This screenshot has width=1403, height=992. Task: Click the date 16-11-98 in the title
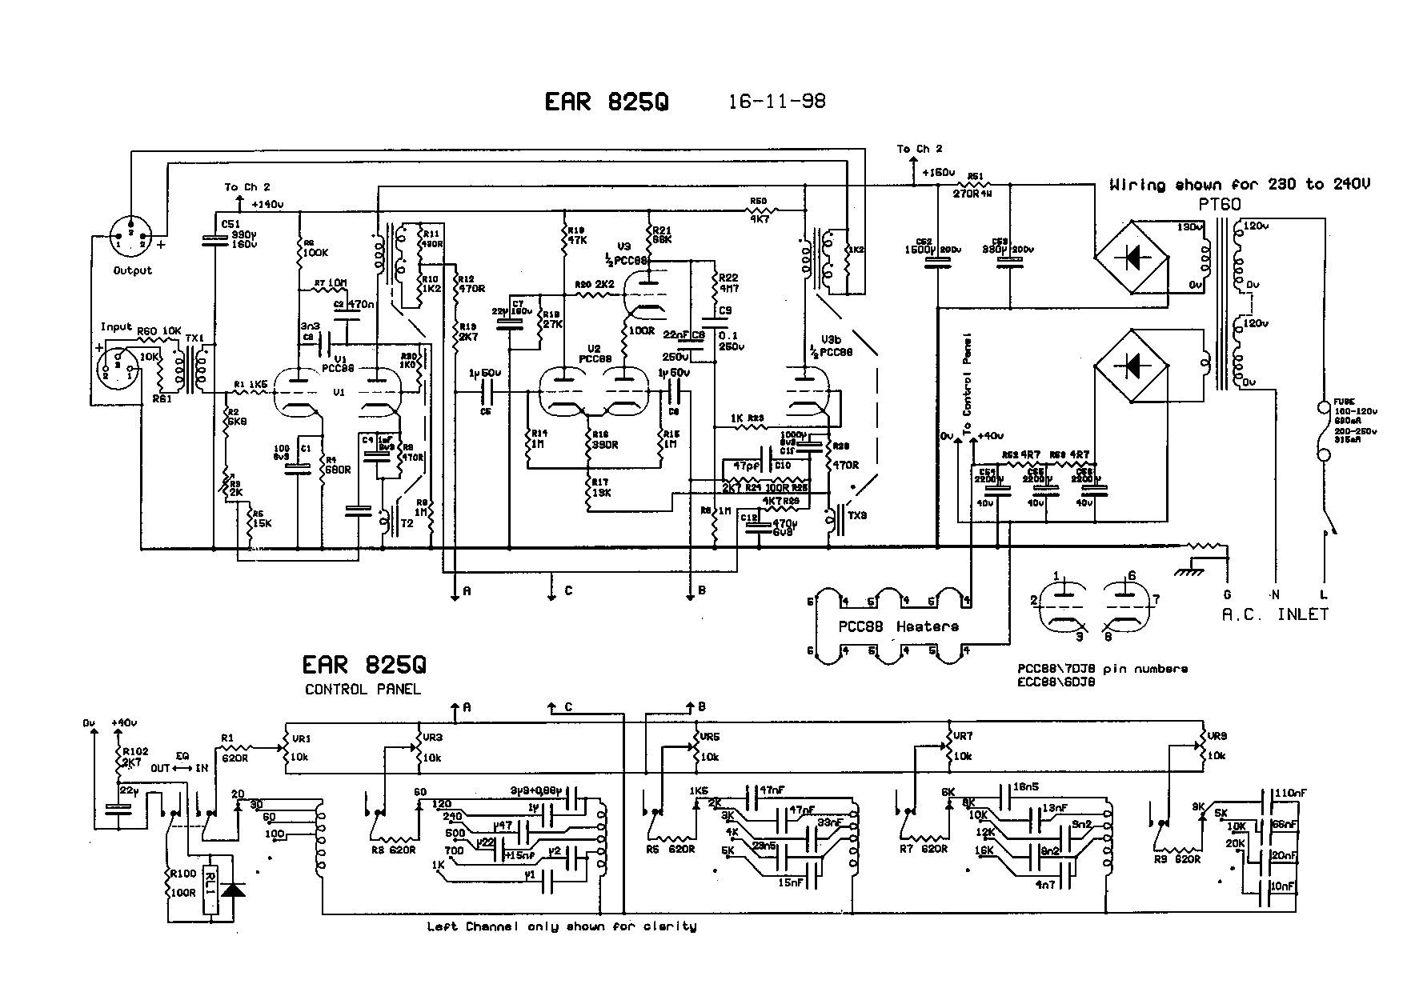(x=776, y=102)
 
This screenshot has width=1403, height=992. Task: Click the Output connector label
(x=132, y=270)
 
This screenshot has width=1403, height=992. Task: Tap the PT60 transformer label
(x=1220, y=205)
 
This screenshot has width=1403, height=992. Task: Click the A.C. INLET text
(x=1274, y=614)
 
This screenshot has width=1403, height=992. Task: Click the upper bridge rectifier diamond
(x=1131, y=257)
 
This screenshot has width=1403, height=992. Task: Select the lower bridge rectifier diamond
(x=1131, y=366)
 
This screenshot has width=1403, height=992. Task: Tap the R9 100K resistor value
(x=314, y=253)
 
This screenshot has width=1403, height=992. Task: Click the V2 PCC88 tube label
(x=594, y=354)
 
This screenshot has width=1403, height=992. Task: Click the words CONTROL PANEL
(x=363, y=690)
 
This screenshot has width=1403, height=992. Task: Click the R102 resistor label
(x=135, y=751)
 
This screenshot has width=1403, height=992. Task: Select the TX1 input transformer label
(x=195, y=338)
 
